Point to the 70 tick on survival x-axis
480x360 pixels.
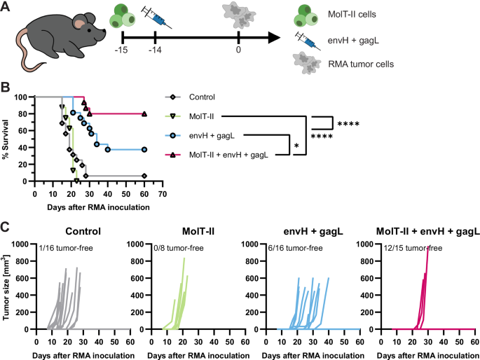coord(162,192)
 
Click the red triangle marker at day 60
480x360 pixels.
coord(144,114)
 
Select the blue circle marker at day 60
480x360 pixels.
coord(144,149)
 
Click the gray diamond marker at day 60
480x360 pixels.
coord(144,176)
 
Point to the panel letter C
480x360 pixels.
coord(6,228)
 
